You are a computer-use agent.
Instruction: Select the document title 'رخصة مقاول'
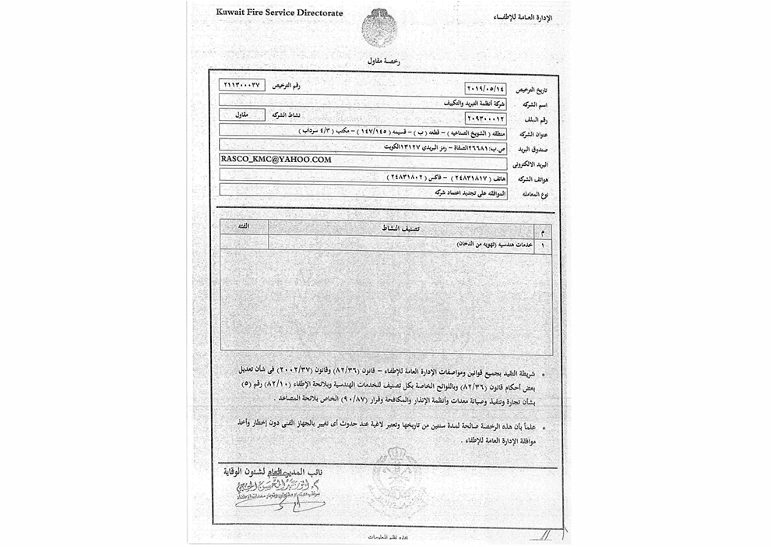pyautogui.click(x=384, y=62)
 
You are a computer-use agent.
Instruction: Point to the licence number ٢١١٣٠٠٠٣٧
pyautogui.click(x=244, y=84)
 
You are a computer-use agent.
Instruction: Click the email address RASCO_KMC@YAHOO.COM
pyautogui.click(x=276, y=159)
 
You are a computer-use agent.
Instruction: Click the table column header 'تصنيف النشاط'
pyautogui.click(x=403, y=228)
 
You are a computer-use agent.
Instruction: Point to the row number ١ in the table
pyautogui.click(x=541, y=244)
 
